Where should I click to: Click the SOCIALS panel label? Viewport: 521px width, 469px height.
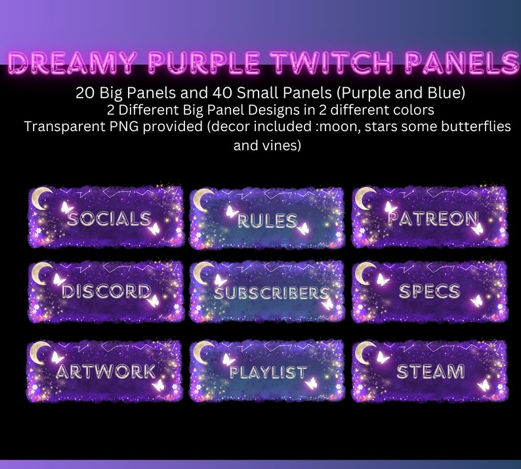[x=109, y=218]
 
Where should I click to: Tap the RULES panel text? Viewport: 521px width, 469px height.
[x=266, y=220]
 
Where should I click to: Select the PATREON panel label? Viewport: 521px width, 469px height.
[x=432, y=218]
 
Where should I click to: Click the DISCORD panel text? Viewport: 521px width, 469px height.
[x=106, y=292]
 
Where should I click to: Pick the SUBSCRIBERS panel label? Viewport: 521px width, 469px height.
[x=270, y=293]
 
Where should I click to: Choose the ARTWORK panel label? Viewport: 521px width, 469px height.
[x=106, y=371]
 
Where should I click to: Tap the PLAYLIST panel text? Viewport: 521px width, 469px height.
[x=268, y=372]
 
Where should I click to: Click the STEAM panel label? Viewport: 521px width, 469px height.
[x=430, y=371]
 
